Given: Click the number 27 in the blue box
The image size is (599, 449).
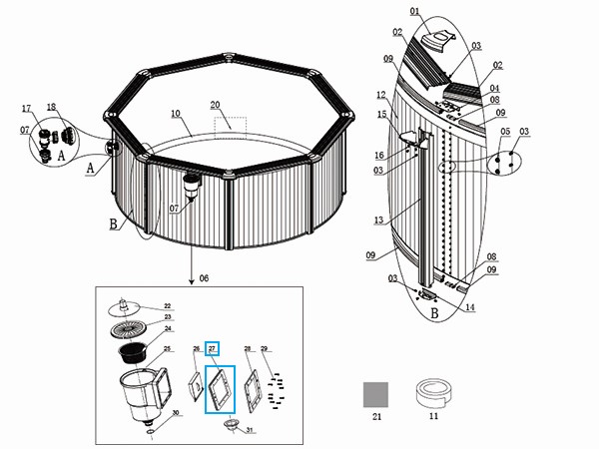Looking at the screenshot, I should (x=212, y=348).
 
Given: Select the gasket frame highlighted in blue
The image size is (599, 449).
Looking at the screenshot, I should (x=220, y=389).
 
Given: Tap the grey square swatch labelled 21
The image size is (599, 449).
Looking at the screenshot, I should (x=375, y=395).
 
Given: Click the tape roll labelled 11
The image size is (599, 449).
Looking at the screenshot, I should (x=433, y=393).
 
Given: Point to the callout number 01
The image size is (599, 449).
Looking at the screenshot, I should (x=414, y=12).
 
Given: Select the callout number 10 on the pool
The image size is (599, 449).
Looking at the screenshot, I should (x=175, y=114).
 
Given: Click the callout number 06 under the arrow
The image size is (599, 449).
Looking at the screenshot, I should (x=205, y=276).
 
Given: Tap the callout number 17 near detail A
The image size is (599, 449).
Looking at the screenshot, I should (x=26, y=107).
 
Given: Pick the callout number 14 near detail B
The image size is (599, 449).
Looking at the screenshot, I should (x=470, y=307).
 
